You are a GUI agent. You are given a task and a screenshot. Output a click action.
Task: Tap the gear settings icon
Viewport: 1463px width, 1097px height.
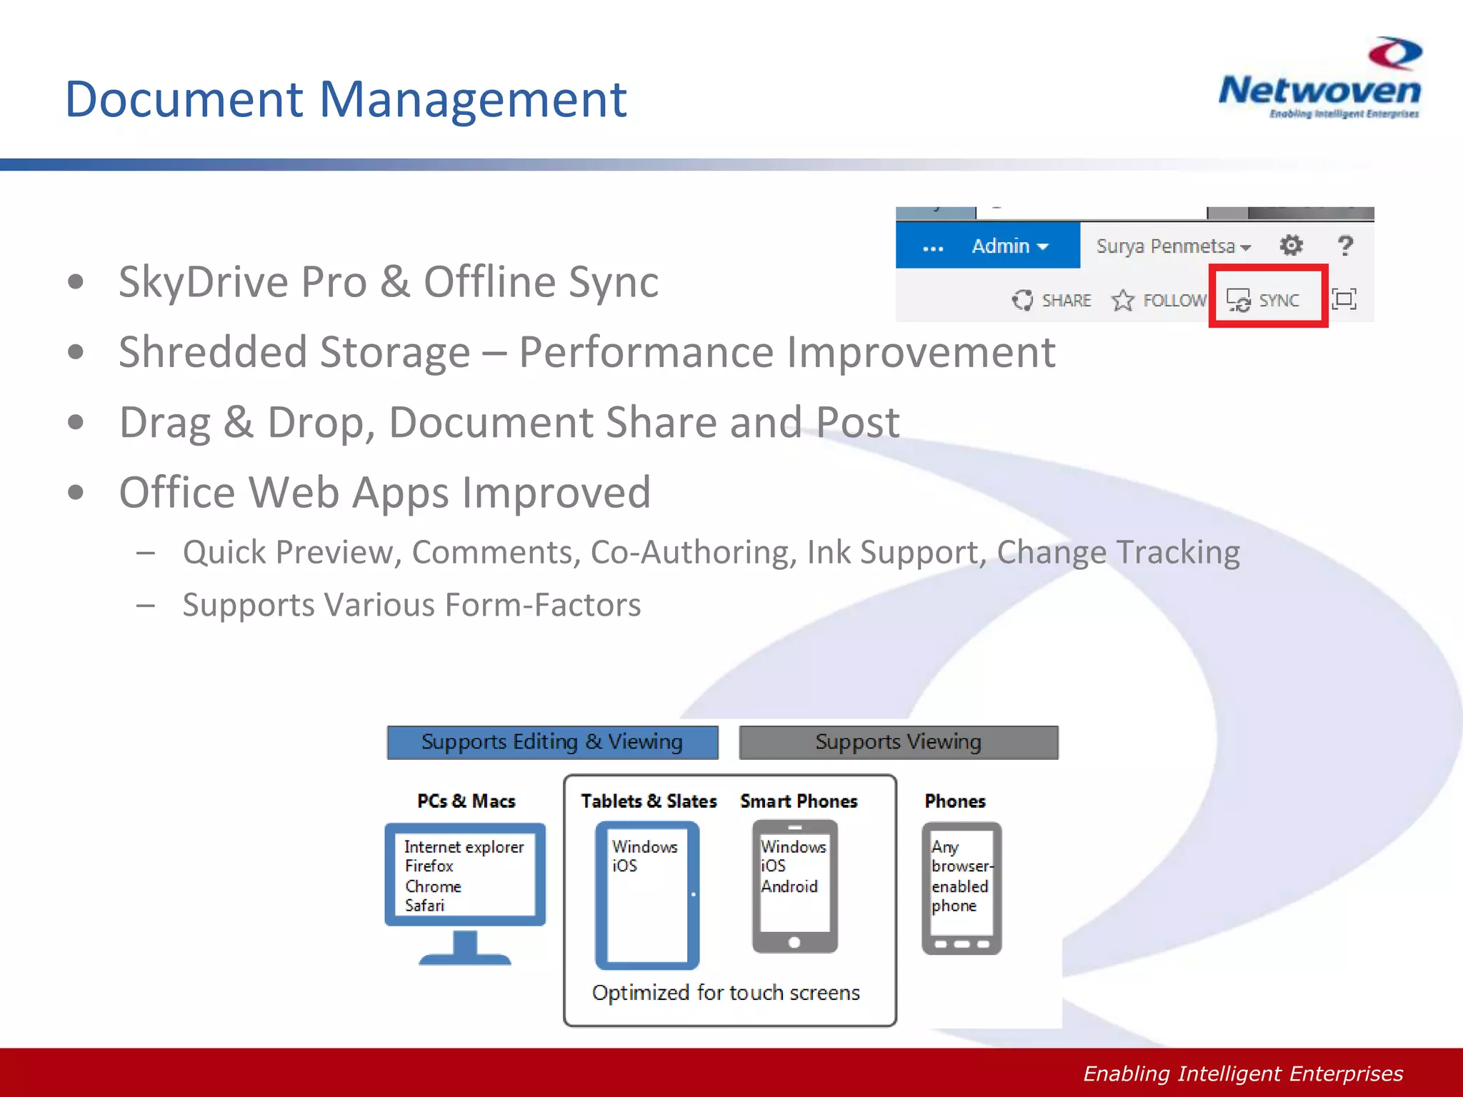(x=1291, y=246)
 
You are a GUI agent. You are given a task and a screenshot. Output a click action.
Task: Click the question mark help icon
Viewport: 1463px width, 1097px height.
(x=1345, y=246)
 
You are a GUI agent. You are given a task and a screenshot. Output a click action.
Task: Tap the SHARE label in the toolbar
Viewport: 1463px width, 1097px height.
(x=1066, y=301)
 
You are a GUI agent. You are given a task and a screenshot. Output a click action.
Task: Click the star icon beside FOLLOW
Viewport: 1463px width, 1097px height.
(x=1122, y=301)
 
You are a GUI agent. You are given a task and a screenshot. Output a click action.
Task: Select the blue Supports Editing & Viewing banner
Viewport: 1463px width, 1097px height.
(x=552, y=742)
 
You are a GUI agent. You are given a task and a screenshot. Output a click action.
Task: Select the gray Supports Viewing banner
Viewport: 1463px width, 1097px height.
(x=898, y=742)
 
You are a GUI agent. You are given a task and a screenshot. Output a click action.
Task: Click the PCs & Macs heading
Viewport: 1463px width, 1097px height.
(x=466, y=801)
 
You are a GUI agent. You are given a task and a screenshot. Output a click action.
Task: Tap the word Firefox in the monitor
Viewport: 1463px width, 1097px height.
(x=429, y=866)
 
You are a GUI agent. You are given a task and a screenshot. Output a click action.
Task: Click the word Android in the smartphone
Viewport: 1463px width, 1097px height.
(x=789, y=886)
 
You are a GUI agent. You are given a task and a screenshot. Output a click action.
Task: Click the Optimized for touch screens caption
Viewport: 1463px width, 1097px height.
(x=726, y=993)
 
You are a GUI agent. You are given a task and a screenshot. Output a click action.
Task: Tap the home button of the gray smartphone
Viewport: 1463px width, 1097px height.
(x=794, y=943)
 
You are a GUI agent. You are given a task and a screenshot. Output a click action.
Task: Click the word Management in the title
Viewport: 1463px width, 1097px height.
(x=472, y=99)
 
